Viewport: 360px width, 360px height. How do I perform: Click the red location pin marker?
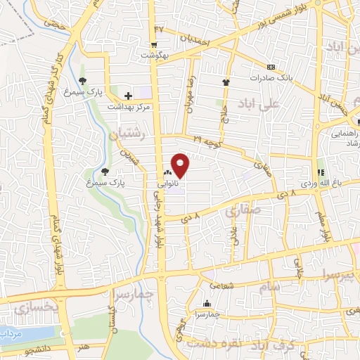click(x=180, y=165)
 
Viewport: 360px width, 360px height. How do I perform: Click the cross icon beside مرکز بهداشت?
click(x=127, y=95)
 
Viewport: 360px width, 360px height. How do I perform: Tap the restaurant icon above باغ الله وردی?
click(x=321, y=172)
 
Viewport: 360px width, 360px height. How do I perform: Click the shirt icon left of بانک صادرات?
click(x=226, y=82)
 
